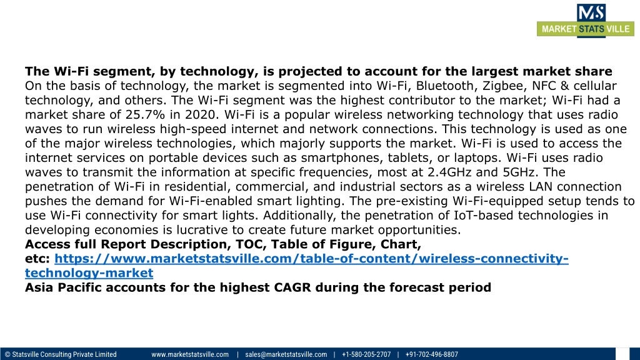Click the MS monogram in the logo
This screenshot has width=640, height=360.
(x=591, y=12)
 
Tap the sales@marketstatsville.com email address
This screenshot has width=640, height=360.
(x=286, y=354)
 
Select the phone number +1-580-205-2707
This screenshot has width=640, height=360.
(x=366, y=354)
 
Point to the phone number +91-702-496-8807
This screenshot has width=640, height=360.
(x=431, y=354)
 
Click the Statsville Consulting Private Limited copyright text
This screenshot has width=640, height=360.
(x=61, y=354)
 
